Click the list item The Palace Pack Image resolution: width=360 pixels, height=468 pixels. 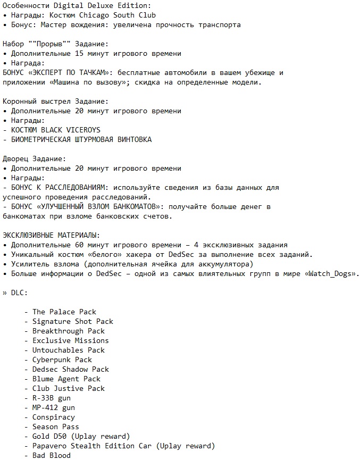tap(64, 312)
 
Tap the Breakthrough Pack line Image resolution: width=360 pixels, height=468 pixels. tap(69, 331)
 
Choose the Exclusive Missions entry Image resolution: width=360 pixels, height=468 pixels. tap(70, 340)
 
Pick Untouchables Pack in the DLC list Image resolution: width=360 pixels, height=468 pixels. tap(69, 350)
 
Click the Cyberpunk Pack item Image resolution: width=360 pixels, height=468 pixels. tap(62, 360)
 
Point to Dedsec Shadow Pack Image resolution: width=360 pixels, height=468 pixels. tap(71, 369)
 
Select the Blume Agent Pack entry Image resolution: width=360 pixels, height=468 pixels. tap(66, 379)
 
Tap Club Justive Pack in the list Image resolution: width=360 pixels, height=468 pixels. tap(69, 388)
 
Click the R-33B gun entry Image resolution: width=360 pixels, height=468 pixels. tap(52, 398)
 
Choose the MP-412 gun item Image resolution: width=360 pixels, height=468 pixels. tap(54, 407)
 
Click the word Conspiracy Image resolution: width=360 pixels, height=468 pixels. tap(54, 417)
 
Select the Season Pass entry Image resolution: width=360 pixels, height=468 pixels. tap(56, 427)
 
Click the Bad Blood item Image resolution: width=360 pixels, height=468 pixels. tap(52, 455)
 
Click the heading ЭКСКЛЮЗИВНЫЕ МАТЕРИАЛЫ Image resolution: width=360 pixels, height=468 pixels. tap(51, 235)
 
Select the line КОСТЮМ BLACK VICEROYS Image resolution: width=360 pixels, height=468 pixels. tap(55, 130)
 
